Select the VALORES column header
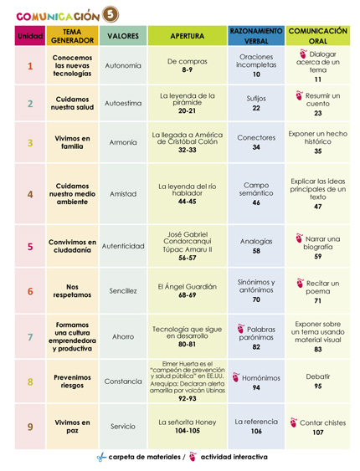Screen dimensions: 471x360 [x=123, y=36]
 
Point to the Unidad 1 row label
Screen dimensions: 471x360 [x=30, y=67]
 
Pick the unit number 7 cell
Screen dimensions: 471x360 [x=30, y=337]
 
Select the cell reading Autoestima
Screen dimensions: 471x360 [x=123, y=104]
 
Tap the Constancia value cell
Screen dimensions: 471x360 [x=123, y=381]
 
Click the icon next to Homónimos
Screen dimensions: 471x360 [x=233, y=376]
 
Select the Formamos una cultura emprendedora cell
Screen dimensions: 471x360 [x=73, y=337]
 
